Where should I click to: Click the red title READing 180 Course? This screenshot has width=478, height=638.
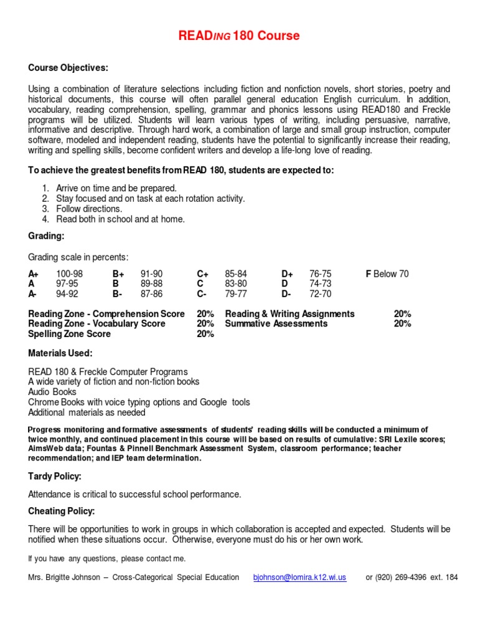click(239, 36)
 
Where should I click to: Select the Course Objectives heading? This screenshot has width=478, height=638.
click(68, 67)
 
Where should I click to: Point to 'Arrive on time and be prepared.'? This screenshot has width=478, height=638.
click(116, 188)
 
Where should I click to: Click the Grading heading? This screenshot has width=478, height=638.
click(46, 236)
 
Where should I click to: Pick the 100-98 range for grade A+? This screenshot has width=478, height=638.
click(69, 274)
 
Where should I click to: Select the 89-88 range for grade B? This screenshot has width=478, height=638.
click(152, 284)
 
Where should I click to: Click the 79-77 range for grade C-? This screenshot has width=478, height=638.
click(236, 294)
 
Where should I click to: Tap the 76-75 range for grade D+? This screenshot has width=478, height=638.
click(321, 274)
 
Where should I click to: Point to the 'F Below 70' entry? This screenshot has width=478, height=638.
click(387, 274)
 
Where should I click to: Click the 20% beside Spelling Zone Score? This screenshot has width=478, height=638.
click(205, 334)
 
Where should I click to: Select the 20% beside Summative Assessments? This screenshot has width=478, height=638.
click(402, 324)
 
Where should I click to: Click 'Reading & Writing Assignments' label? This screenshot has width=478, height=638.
click(289, 314)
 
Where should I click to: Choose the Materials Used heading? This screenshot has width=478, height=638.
click(60, 353)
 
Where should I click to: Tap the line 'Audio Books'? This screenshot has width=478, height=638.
click(52, 392)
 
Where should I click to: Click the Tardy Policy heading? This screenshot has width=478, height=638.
click(55, 476)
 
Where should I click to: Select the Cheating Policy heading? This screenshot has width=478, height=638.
click(62, 511)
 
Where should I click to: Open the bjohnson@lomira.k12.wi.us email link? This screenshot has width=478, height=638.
click(299, 578)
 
